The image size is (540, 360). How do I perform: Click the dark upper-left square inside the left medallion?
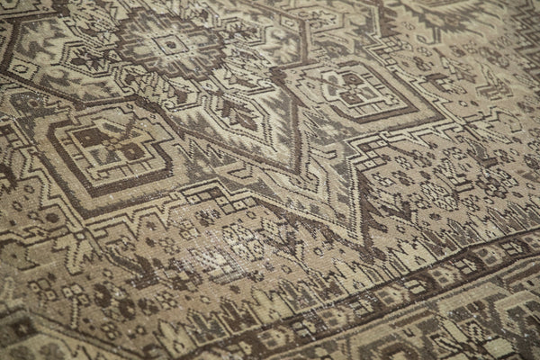[90, 136]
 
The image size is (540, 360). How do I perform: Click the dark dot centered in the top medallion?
[169, 42]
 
